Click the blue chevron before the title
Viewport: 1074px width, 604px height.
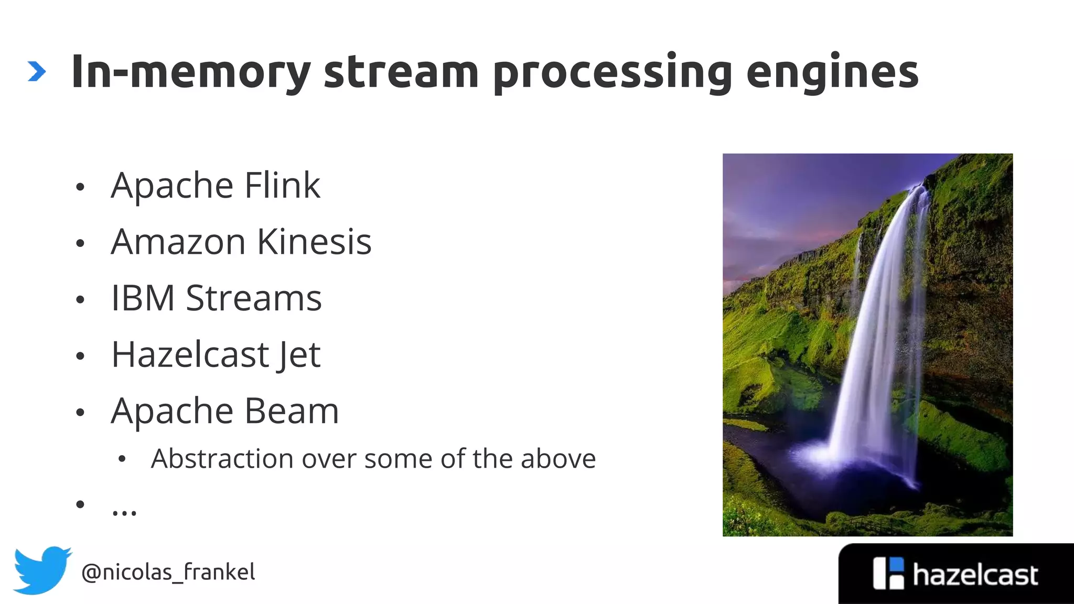(36, 72)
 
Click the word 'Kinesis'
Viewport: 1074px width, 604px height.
(314, 242)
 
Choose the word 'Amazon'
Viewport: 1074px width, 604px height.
(178, 242)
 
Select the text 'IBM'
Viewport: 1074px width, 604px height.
(143, 298)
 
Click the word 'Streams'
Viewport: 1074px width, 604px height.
(254, 298)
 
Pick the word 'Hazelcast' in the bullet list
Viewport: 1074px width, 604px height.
(190, 355)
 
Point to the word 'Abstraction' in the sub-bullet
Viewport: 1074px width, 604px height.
(220, 459)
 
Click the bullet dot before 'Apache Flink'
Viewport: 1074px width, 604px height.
(80, 187)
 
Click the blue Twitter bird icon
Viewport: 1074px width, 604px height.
(41, 570)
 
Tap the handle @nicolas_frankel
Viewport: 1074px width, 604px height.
(168, 572)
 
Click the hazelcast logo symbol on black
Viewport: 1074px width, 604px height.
(888, 574)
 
